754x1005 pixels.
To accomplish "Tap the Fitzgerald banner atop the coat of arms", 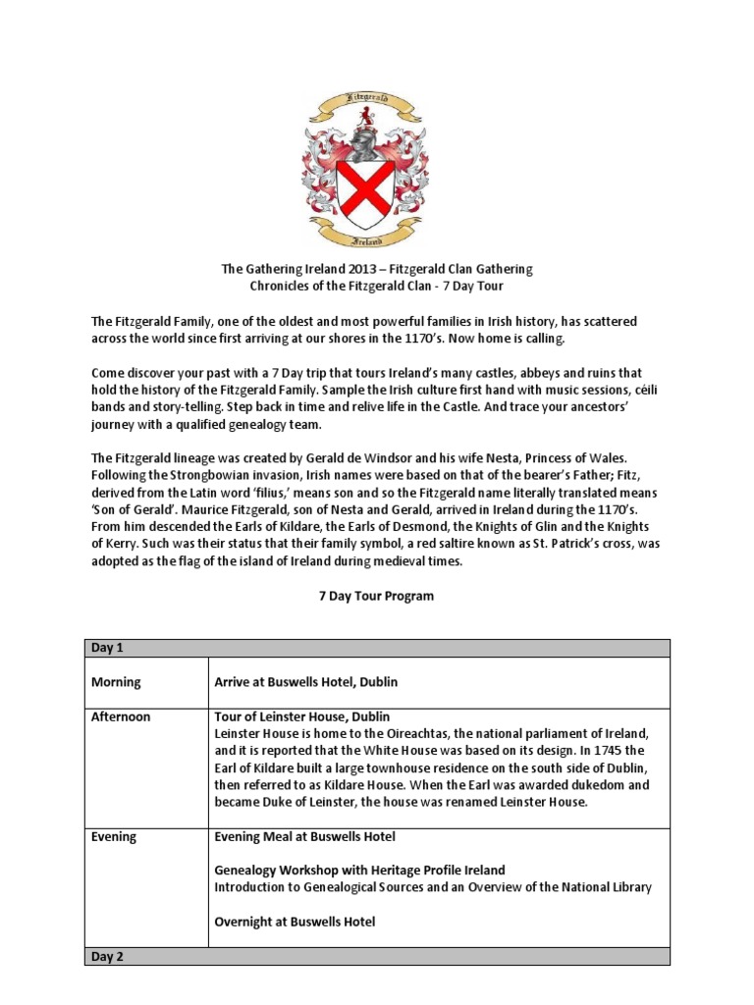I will (376, 97).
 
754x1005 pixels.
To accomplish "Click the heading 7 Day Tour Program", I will (376, 596).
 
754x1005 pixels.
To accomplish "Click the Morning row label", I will (117, 681).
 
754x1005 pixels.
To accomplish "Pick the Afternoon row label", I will (122, 716).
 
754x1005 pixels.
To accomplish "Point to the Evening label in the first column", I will (115, 837).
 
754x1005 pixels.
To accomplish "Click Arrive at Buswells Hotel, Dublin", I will (305, 681).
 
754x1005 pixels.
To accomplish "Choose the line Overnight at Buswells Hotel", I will (295, 922).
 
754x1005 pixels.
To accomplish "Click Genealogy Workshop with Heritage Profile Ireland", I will (359, 870).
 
